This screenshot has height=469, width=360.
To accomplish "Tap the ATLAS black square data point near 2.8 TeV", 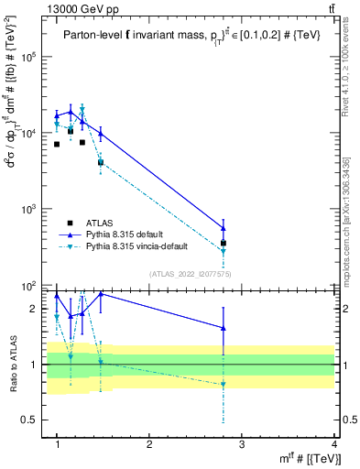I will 224,244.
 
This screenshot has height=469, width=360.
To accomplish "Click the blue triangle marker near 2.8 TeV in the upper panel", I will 224,228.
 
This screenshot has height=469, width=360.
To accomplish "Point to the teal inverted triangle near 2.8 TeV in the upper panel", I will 224,252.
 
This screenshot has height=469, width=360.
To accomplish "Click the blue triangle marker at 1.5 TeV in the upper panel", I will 101,134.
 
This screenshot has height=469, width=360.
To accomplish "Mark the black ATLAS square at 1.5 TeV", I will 101,162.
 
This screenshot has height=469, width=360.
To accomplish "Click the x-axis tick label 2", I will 149,444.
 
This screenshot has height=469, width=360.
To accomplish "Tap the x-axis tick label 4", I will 334,444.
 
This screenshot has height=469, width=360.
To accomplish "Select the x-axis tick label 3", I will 242,444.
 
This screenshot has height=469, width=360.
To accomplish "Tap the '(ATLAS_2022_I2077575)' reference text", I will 191,274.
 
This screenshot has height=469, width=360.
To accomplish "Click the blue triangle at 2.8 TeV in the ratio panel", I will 224,328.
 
